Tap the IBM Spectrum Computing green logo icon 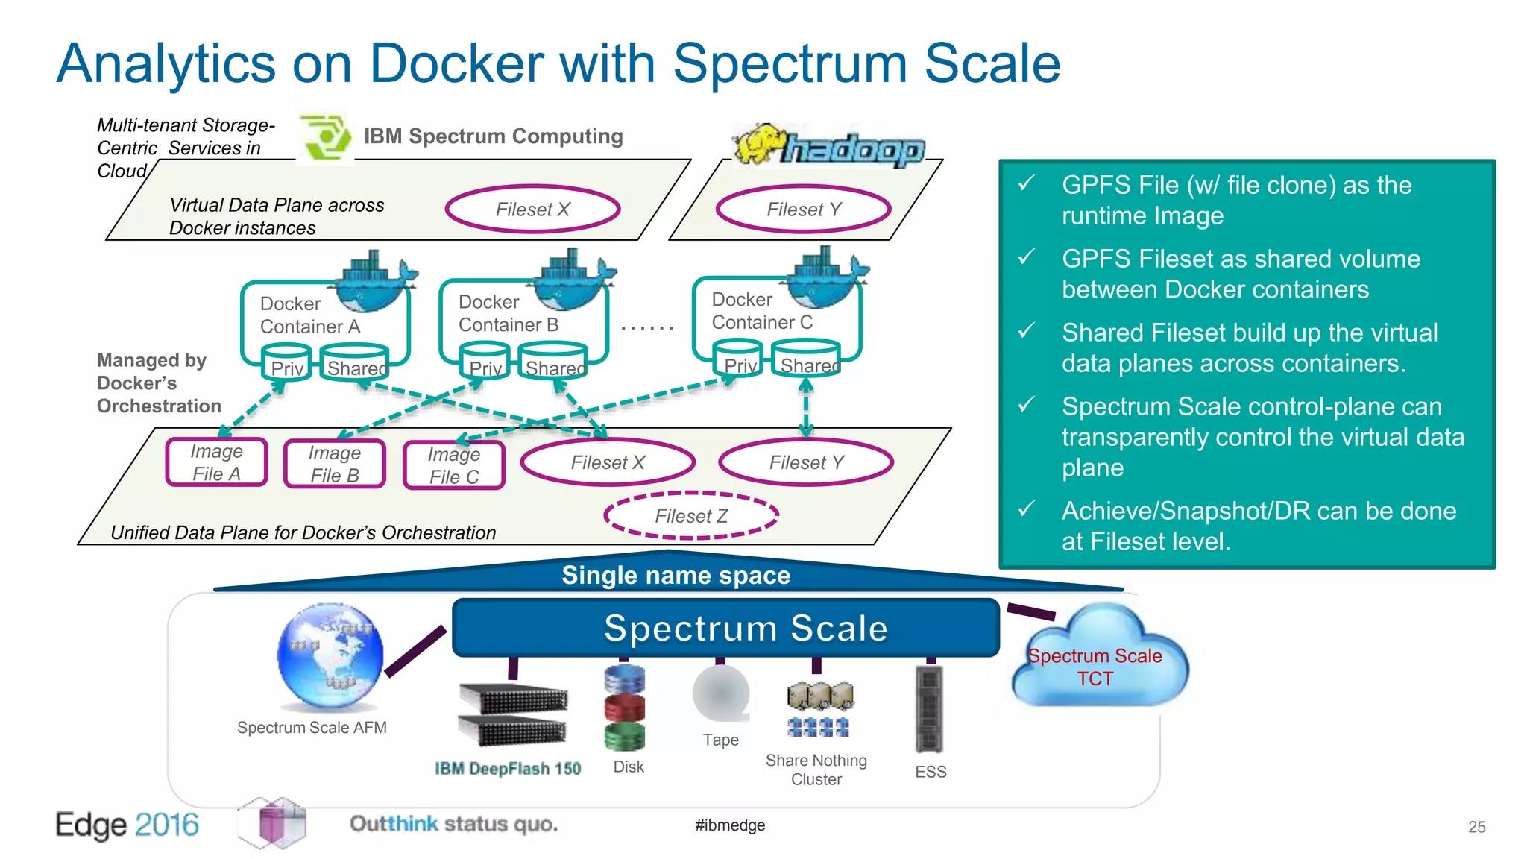click(x=326, y=137)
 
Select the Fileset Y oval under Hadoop click(x=804, y=210)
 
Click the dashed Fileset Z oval click(x=691, y=515)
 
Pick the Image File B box click(x=335, y=464)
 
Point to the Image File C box click(x=454, y=465)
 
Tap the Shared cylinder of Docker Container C click(x=807, y=359)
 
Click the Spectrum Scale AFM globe click(x=330, y=656)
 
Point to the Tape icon click(x=720, y=693)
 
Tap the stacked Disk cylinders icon click(x=624, y=708)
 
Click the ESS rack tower click(x=929, y=708)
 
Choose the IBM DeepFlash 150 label click(x=508, y=769)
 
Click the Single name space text click(x=676, y=575)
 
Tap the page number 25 click(x=1476, y=827)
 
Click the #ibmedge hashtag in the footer click(x=729, y=825)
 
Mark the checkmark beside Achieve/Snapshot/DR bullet click(x=1027, y=509)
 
